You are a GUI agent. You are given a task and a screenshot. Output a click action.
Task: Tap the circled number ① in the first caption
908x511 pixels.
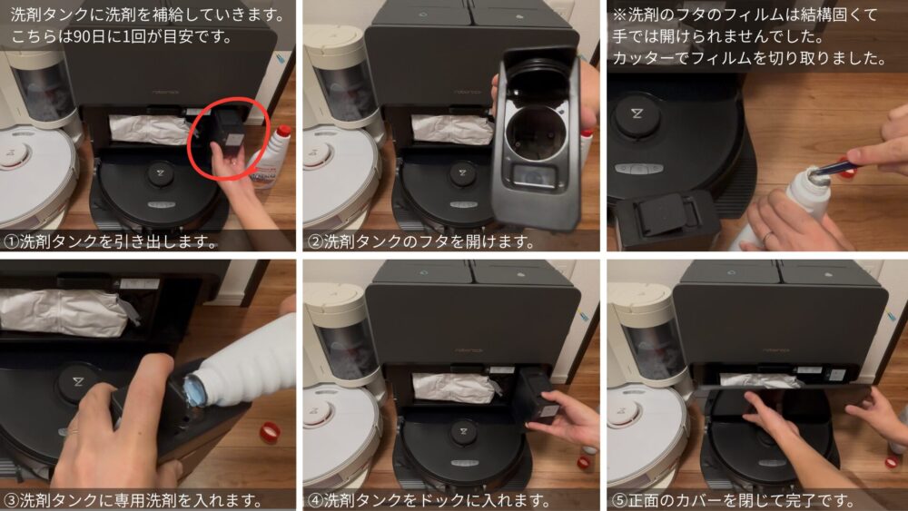tap(11, 241)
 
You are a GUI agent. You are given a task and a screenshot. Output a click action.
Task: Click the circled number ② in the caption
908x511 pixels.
tap(315, 241)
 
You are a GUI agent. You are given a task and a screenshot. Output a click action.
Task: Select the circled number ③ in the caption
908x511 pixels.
tap(11, 499)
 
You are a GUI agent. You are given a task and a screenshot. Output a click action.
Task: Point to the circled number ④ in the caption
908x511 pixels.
tap(315, 499)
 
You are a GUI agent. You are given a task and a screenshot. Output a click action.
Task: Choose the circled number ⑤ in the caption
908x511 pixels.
tap(619, 499)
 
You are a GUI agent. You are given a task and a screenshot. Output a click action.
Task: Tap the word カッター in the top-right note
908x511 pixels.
tap(643, 58)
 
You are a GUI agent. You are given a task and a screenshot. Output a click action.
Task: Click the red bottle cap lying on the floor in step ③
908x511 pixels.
tap(270, 432)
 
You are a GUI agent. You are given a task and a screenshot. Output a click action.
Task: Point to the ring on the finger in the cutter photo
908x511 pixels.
tap(767, 237)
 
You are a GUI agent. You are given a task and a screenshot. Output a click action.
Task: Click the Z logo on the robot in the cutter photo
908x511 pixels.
tap(637, 113)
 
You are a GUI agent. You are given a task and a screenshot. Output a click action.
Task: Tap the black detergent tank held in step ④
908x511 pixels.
tap(537, 398)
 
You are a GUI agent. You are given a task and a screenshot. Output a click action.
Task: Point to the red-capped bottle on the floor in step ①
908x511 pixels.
tap(270, 157)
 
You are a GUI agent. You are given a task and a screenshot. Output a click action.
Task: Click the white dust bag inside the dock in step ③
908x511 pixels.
tap(64, 312)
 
